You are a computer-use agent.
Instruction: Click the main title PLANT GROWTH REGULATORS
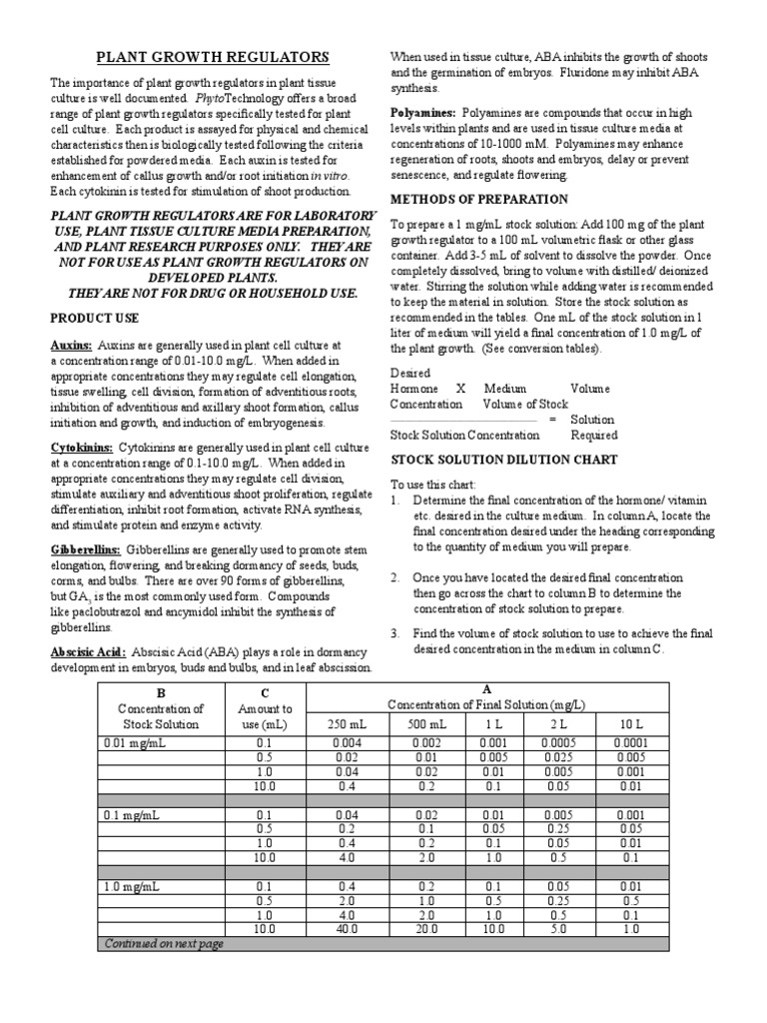click(x=211, y=59)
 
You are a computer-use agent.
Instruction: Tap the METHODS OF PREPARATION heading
click(x=479, y=199)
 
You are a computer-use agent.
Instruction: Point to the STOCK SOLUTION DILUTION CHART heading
click(x=503, y=460)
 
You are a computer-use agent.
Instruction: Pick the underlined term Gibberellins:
click(x=85, y=550)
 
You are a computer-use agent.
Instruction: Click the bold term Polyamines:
click(x=420, y=114)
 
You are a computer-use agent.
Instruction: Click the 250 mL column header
click(x=349, y=723)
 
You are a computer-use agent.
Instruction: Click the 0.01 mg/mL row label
click(x=131, y=742)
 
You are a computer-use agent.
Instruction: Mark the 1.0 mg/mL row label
click(x=129, y=886)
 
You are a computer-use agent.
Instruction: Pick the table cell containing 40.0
click(x=349, y=929)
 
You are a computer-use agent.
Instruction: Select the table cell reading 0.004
click(x=349, y=742)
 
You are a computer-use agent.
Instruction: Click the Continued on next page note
click(x=162, y=943)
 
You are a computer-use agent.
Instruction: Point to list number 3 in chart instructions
click(x=394, y=633)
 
